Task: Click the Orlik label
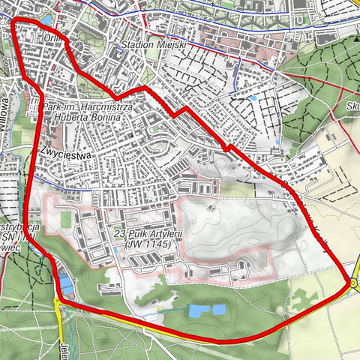pos(55,42)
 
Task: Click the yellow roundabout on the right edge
pos(352,283)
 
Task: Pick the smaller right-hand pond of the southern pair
pos(218,309)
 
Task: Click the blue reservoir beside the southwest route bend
pos(65,284)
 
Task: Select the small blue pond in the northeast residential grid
pos(253,97)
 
